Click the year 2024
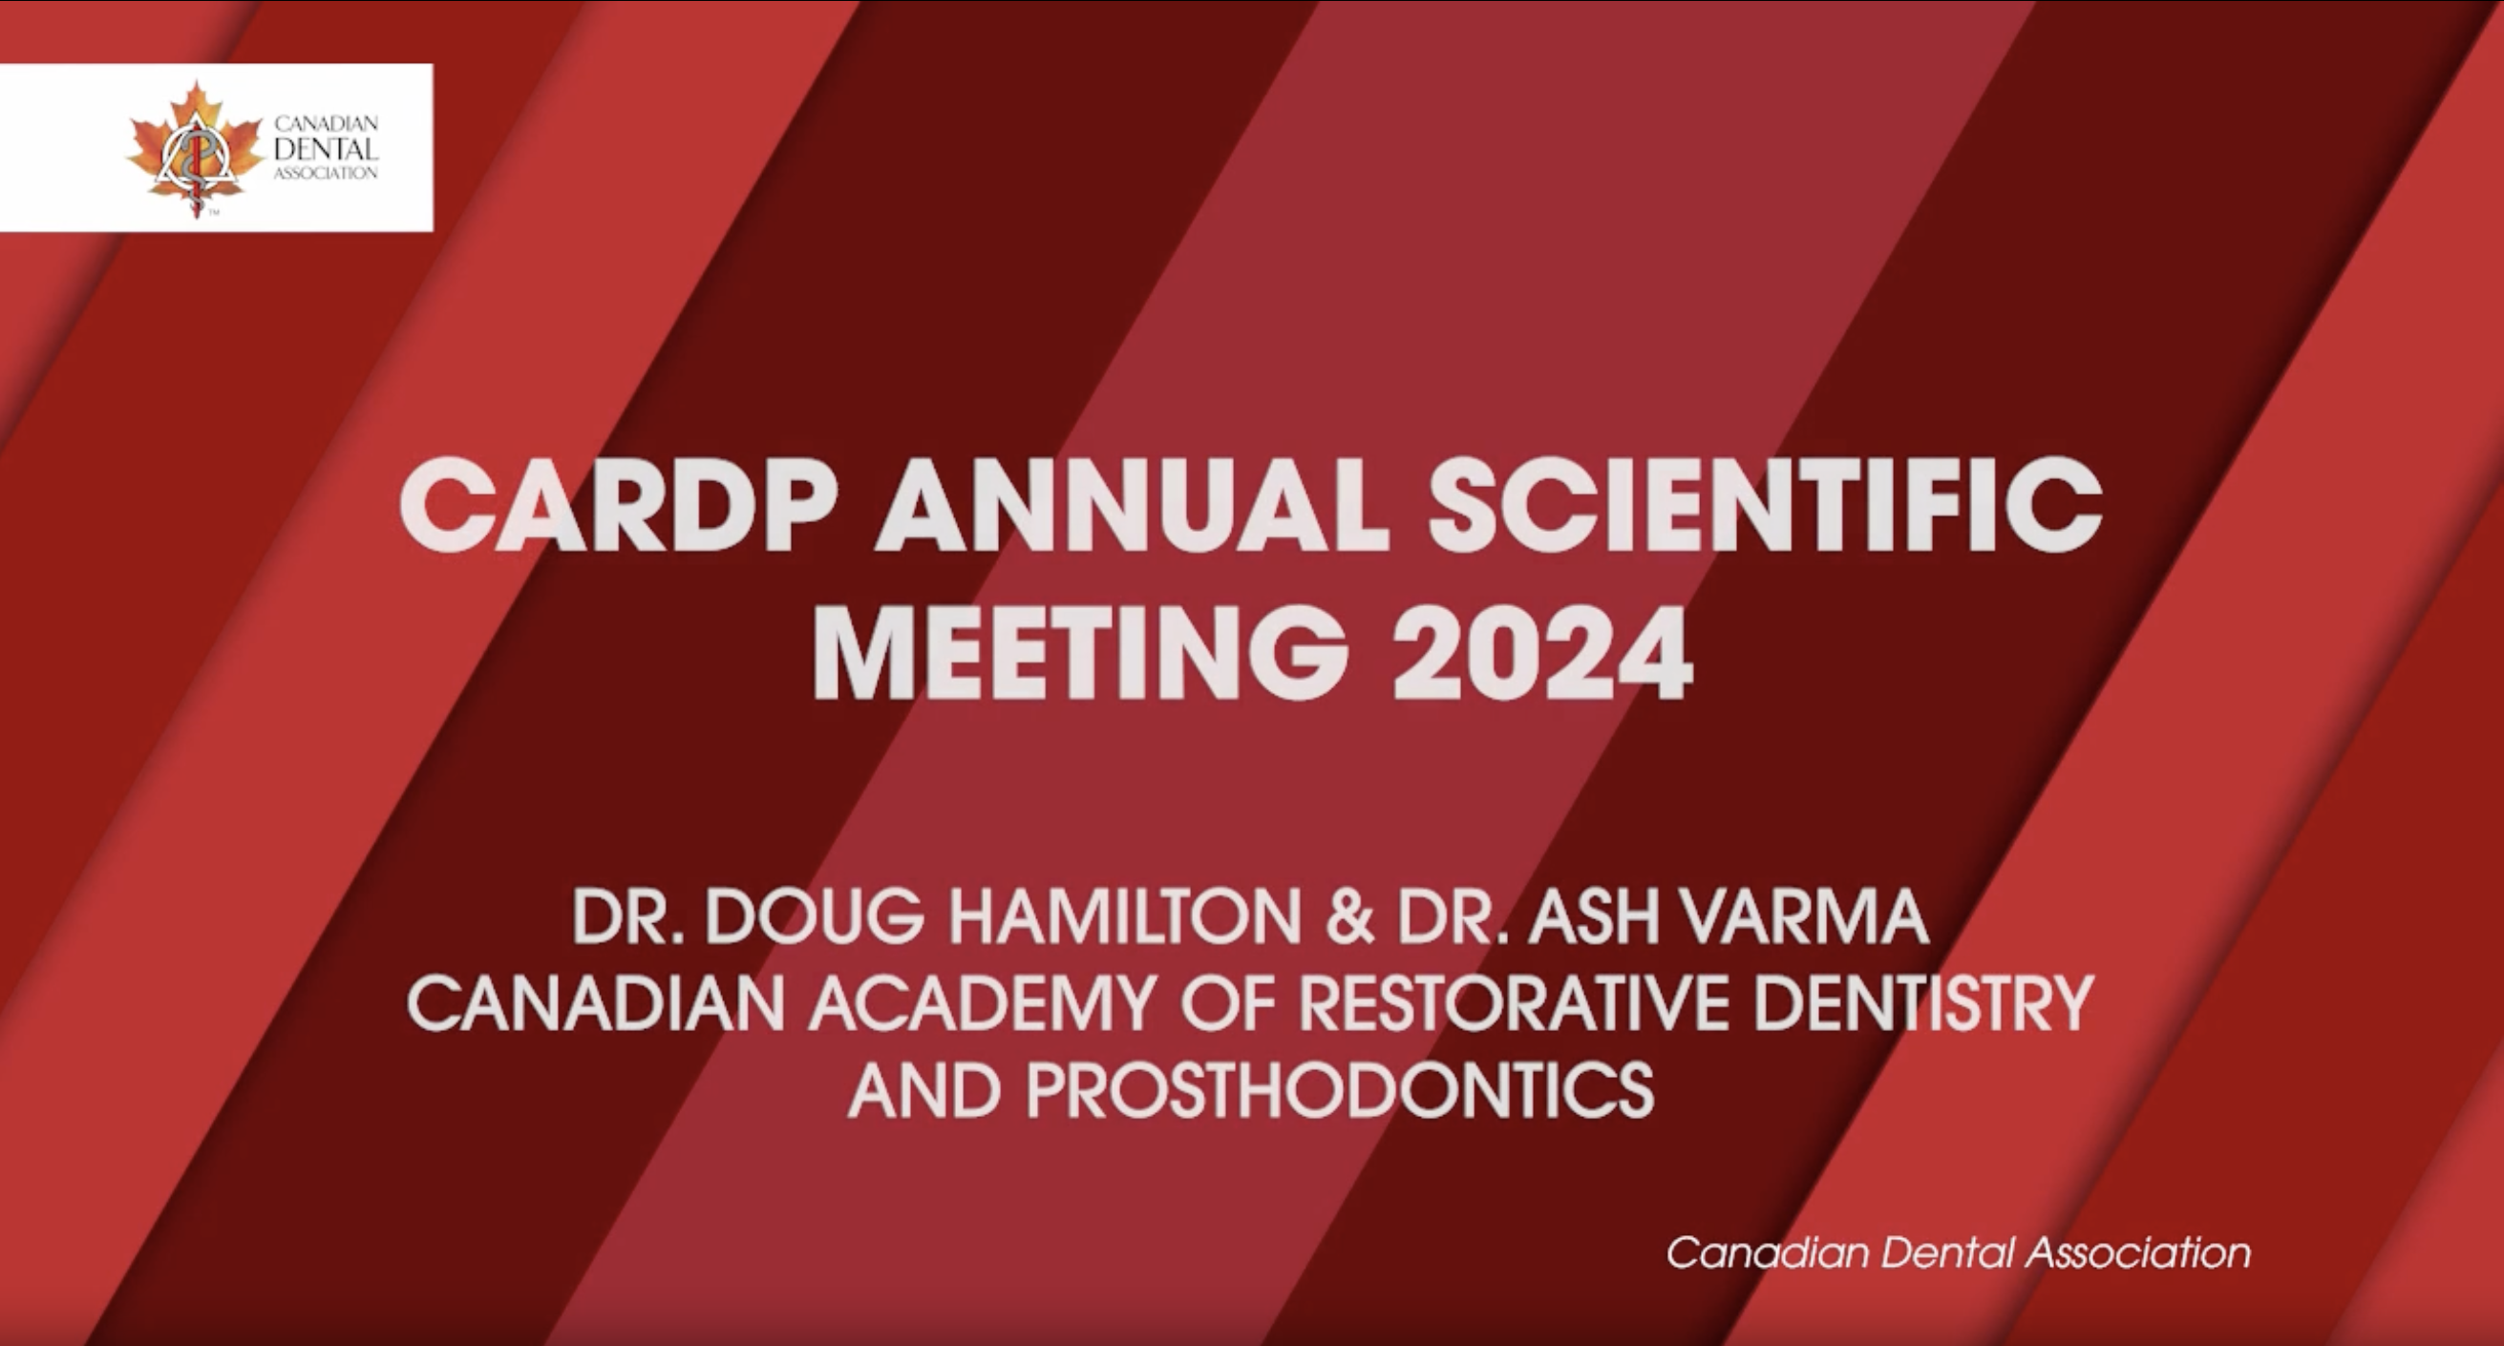(x=1542, y=650)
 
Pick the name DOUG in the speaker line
(x=815, y=916)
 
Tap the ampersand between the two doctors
(x=1349, y=916)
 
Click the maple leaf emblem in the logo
(x=196, y=149)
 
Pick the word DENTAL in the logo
(x=326, y=150)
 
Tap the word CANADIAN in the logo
(x=326, y=124)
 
